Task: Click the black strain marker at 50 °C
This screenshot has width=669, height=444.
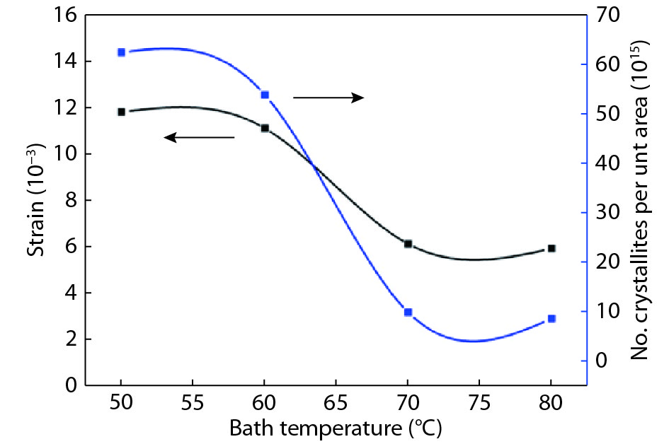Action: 122,112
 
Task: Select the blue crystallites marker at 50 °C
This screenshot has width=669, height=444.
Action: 122,52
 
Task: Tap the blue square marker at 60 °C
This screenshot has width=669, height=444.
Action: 265,95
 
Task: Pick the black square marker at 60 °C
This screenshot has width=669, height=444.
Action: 265,128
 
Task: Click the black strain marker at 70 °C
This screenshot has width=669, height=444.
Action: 408,244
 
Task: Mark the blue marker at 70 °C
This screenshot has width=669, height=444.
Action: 408,312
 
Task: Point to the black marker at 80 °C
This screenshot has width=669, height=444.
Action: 551,248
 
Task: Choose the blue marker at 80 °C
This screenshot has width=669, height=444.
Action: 551,319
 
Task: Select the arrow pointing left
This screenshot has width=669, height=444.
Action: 199,137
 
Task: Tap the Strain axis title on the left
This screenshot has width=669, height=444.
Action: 38,199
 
